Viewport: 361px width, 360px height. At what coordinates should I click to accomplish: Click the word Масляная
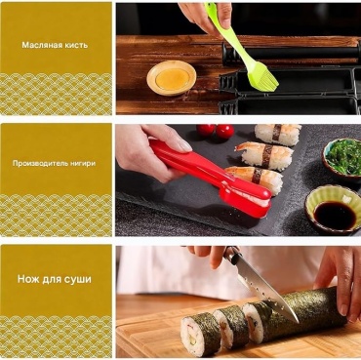(x=40, y=45)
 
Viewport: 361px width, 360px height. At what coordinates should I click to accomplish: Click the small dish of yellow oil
(x=172, y=78)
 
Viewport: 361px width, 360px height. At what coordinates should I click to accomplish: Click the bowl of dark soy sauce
(x=333, y=210)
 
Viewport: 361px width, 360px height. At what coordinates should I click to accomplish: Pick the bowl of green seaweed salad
(x=342, y=157)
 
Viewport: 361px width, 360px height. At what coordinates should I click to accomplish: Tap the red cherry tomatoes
(x=216, y=131)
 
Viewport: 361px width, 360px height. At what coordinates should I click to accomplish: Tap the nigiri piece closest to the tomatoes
(x=278, y=134)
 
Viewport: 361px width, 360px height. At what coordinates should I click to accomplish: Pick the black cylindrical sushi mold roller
(x=291, y=52)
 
